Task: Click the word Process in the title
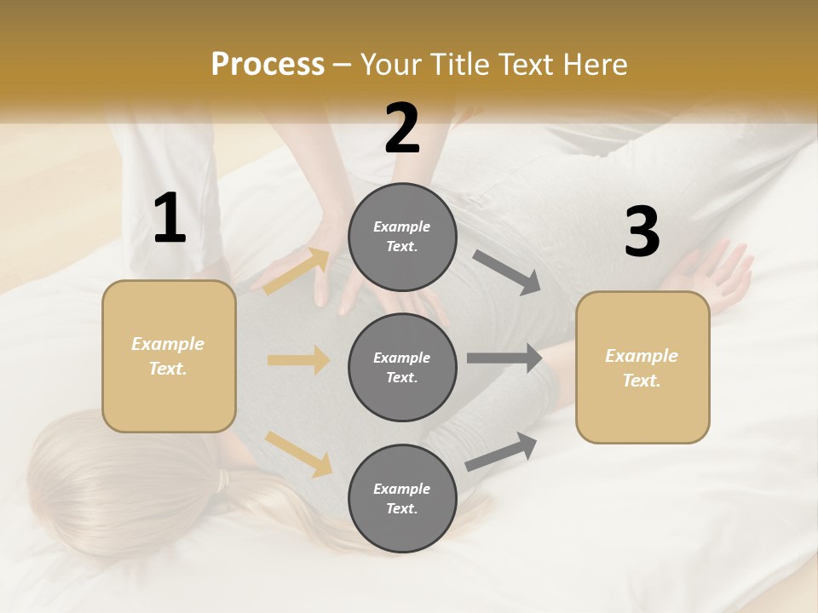point(268,65)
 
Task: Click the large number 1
point(170,219)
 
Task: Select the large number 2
point(402,129)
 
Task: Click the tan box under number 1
point(169,356)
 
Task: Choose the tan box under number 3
point(642,367)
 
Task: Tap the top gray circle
point(402,237)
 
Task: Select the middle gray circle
point(402,367)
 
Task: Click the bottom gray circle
point(402,498)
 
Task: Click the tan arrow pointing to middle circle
point(298,360)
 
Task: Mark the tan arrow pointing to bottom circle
point(299,454)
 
